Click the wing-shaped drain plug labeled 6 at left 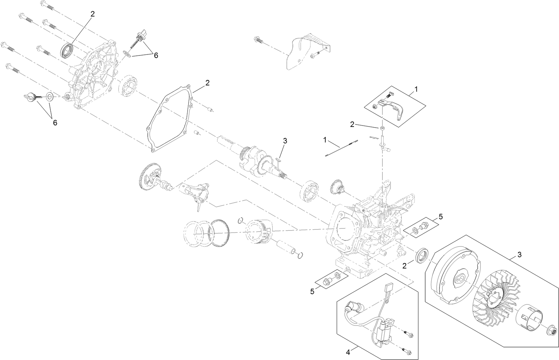(x=31, y=97)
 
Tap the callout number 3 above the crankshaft (x=285, y=141)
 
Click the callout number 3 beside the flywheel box (x=520, y=255)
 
